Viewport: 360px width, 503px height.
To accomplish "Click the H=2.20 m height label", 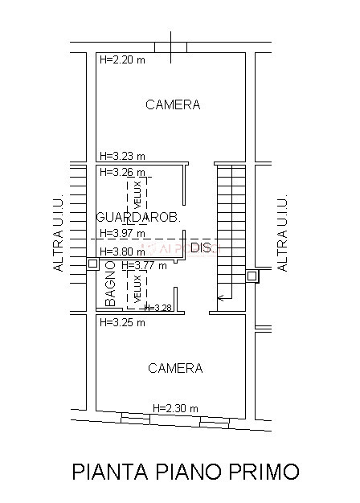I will tap(121, 59).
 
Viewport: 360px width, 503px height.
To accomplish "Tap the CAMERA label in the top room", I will tap(173, 105).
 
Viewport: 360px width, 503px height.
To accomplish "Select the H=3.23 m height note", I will tap(121, 156).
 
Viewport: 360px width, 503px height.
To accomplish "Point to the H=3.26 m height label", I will tap(121, 172).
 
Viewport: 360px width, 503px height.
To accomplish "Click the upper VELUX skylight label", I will tap(137, 193).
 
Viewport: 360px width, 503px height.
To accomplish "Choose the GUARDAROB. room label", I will tap(137, 218).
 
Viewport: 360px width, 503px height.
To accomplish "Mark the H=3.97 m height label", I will tap(121, 234).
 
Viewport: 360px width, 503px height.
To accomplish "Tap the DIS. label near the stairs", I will tap(202, 249).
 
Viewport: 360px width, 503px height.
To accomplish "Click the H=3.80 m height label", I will tap(121, 251).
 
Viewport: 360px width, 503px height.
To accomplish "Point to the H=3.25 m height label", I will tap(121, 322).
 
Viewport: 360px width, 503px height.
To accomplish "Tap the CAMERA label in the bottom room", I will tap(175, 368).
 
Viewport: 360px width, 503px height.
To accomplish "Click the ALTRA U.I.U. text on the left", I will tap(58, 232).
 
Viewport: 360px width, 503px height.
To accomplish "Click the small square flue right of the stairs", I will tap(252, 276).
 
